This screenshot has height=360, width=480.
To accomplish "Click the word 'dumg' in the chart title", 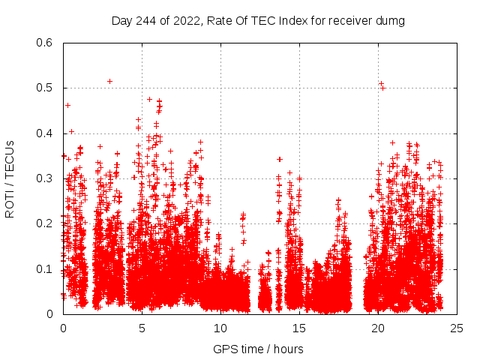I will click(390, 21).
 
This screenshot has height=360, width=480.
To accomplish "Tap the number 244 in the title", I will click(146, 21).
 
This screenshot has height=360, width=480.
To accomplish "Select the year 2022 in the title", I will click(185, 21).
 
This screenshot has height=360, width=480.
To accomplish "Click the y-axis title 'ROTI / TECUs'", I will click(10, 178).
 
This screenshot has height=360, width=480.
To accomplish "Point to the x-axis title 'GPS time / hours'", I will click(258, 349).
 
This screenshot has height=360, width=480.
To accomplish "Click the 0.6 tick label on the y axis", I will click(46, 43).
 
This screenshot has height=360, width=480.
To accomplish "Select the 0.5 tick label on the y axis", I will click(46, 88).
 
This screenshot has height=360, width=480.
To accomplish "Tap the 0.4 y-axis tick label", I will click(46, 133).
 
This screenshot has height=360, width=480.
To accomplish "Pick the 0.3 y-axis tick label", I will click(46, 178).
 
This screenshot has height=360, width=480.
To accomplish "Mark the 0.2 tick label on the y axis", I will click(46, 224).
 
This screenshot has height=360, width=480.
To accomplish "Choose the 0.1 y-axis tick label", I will click(46, 269).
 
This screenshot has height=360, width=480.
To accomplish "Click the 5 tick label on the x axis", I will click(142, 328).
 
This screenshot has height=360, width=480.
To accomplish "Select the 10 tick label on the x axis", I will click(220, 328).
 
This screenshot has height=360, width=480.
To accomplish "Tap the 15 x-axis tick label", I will click(299, 328).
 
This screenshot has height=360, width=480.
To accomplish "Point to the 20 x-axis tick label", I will click(378, 328).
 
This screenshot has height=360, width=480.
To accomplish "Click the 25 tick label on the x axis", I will click(457, 328).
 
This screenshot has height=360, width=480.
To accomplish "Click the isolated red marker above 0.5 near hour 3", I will click(109, 81).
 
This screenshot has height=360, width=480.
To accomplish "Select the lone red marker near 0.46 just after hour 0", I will click(67, 106).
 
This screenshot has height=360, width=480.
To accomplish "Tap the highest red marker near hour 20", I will click(381, 83).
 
